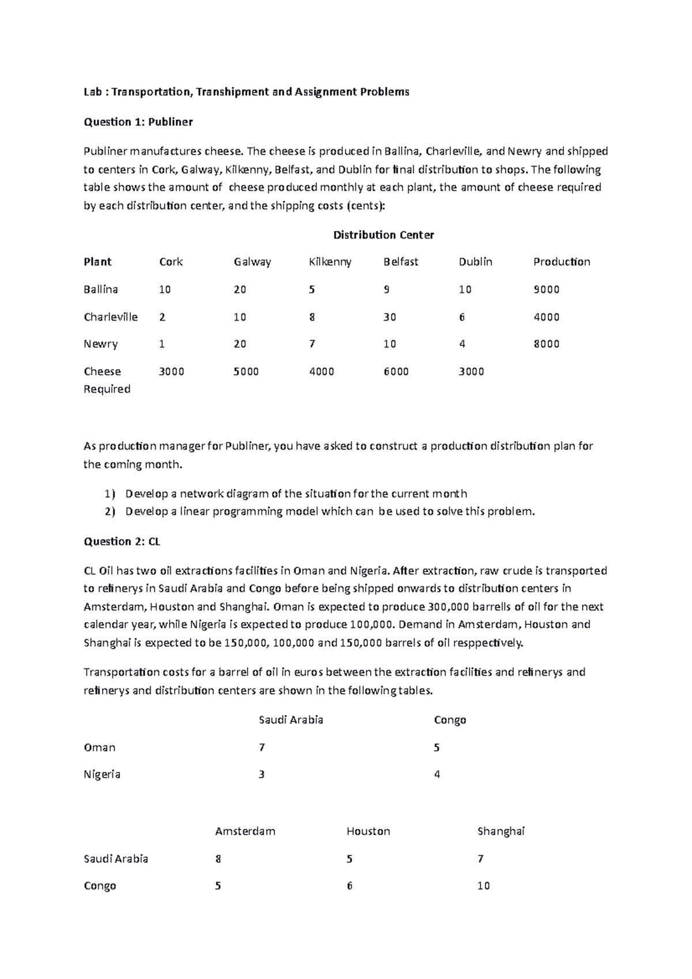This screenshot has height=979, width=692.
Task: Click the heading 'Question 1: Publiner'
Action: coord(138,122)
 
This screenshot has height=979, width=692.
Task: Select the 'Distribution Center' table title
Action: coord(383,235)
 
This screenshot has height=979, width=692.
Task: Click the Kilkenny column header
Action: coord(330,262)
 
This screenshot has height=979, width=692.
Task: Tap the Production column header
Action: coord(561,262)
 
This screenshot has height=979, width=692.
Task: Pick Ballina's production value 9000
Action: coord(546,289)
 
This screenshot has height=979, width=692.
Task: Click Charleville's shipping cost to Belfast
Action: coord(390,317)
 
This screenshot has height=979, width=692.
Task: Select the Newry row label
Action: coord(100,344)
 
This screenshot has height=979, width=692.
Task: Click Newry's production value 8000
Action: coord(546,344)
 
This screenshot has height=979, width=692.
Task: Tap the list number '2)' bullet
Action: coord(110,511)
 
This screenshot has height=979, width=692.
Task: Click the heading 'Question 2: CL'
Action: coord(122,541)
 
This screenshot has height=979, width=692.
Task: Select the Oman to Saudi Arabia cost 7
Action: coord(262,747)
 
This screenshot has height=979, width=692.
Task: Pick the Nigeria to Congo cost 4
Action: coord(437,774)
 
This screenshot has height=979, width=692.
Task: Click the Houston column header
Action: coord(368,831)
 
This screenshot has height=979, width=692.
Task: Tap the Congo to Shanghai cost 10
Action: coord(483,886)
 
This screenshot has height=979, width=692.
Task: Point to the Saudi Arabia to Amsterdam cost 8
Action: coord(218,859)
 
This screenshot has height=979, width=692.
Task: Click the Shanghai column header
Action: coord(501,831)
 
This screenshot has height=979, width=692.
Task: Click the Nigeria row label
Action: coord(101,774)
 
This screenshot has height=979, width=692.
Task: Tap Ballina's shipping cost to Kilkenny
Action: coord(311,289)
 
